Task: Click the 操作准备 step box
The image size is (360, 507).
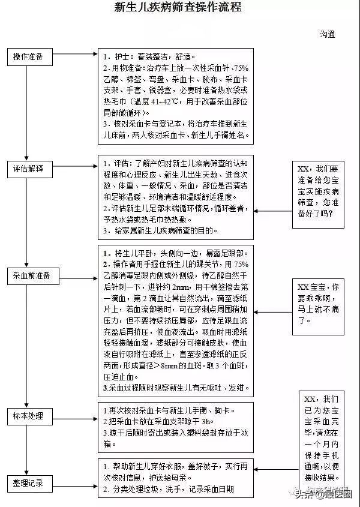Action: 28,56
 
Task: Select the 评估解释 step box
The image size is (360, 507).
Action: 28,168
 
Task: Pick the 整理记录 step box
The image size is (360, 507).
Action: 28,483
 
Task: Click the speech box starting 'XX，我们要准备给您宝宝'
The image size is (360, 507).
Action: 318,193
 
